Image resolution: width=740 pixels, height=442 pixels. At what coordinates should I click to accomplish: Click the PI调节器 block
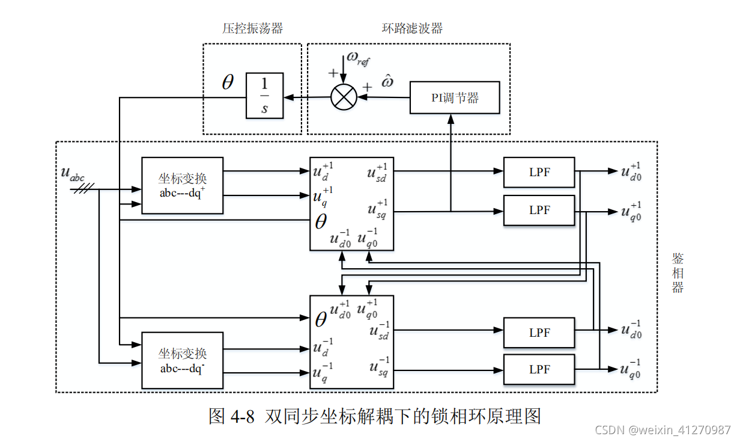click(455, 97)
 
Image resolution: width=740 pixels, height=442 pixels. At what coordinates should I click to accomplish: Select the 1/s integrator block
click(264, 96)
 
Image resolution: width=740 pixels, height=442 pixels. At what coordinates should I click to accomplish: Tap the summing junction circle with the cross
click(344, 97)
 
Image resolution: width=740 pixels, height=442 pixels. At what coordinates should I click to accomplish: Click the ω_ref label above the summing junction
click(358, 58)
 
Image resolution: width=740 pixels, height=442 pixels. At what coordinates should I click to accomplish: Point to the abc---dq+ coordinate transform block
click(182, 185)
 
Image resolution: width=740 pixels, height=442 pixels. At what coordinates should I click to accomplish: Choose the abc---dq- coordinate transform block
click(182, 360)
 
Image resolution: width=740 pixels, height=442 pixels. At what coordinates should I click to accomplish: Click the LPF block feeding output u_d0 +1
click(539, 173)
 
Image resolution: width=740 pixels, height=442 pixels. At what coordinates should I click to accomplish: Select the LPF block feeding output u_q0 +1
click(539, 210)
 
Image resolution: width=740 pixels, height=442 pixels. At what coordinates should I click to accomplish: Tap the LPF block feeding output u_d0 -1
click(539, 333)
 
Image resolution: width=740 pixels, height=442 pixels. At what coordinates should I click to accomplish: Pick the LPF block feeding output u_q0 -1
click(539, 369)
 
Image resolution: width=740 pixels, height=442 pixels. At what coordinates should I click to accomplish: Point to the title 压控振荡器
click(252, 28)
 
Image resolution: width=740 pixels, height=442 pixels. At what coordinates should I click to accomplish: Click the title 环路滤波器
click(412, 28)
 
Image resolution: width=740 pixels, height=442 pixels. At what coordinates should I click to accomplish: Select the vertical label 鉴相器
click(678, 274)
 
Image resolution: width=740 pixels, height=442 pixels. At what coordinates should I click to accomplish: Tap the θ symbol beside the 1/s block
click(228, 83)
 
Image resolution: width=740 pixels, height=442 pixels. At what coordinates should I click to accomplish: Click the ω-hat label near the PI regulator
click(387, 81)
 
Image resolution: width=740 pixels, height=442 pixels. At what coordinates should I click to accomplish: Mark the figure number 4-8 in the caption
click(243, 416)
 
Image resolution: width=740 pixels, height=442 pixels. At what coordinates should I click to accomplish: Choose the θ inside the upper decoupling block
click(321, 223)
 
